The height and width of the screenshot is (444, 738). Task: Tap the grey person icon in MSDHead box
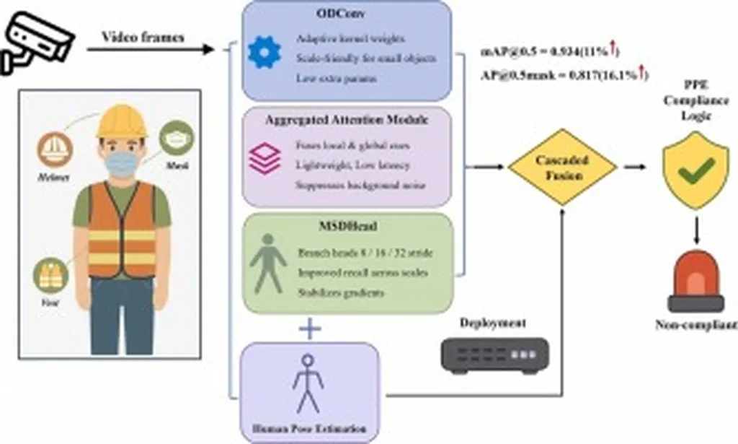[268, 262]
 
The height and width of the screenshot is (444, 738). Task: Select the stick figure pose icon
[308, 382]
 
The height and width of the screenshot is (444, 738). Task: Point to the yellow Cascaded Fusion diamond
[562, 167]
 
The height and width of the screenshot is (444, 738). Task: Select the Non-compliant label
[695, 325]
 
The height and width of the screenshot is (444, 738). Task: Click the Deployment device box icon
[495, 356]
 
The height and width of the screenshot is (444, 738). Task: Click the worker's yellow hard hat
[122, 122]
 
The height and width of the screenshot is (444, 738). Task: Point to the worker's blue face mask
[122, 162]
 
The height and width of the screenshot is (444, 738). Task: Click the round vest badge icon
[50, 274]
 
